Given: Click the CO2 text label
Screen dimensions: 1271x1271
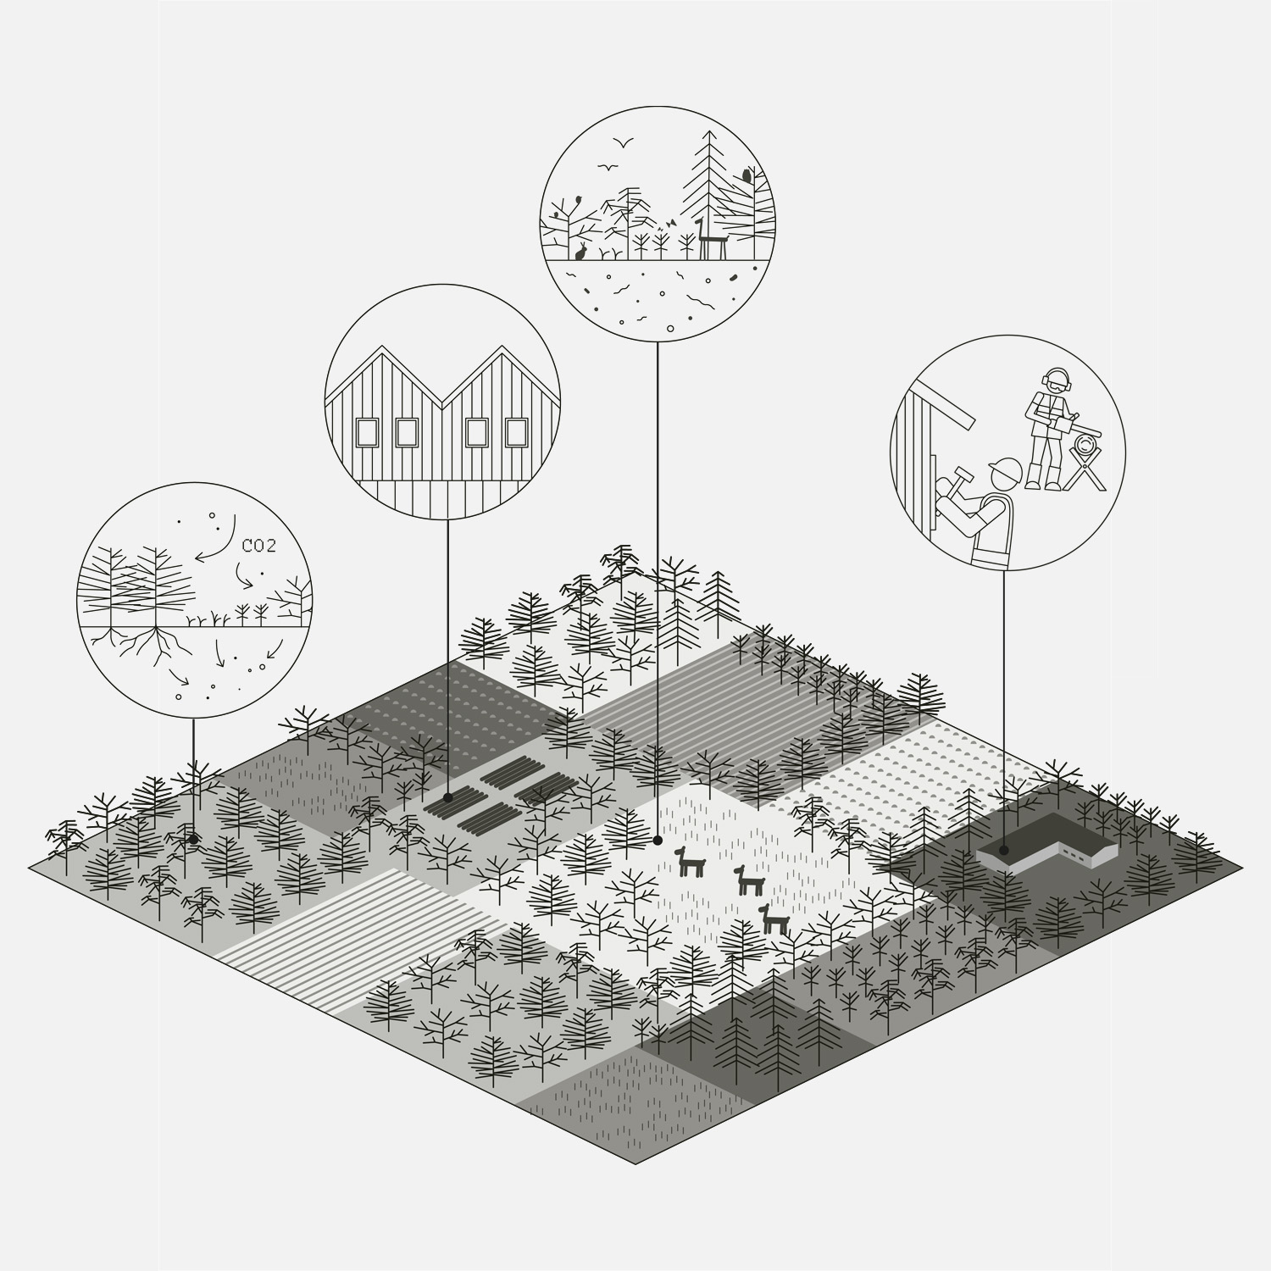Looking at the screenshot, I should [258, 547].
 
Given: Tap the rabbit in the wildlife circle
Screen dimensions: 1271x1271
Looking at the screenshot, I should [581, 251].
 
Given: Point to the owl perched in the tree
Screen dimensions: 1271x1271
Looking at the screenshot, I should [747, 175].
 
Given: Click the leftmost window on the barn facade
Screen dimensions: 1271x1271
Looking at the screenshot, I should [367, 432].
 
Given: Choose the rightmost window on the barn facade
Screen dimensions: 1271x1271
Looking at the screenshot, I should [516, 432].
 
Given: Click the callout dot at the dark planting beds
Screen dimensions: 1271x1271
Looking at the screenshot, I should [448, 797].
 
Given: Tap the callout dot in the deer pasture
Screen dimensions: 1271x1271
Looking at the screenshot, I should [658, 841].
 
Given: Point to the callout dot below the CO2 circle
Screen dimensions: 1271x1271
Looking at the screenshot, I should [193, 840].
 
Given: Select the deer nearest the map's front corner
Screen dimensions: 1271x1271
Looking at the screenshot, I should [771, 919].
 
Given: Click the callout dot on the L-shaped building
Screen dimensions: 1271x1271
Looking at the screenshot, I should [1003, 849].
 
